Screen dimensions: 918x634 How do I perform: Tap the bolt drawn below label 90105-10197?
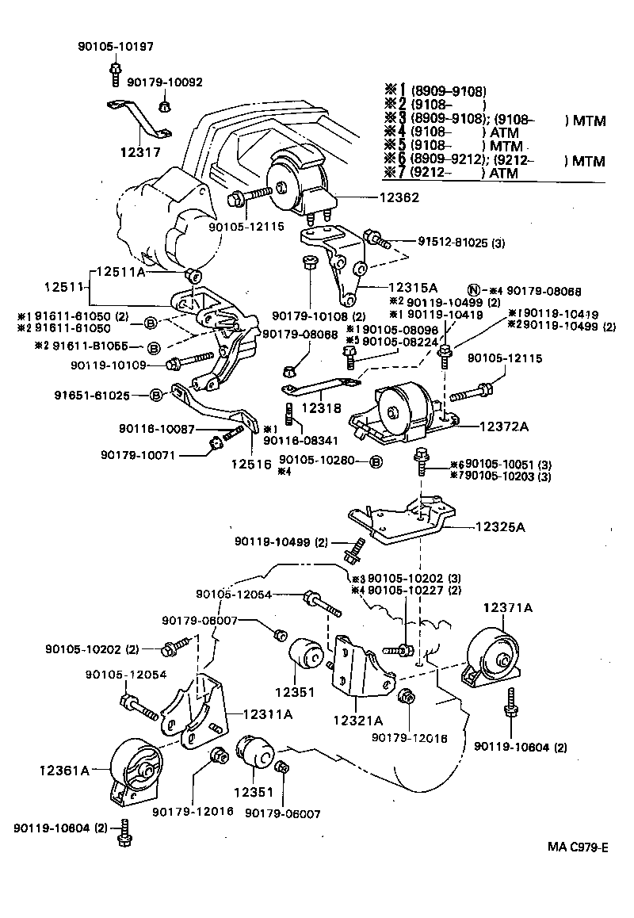(116, 75)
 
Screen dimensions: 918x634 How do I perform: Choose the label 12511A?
(121, 271)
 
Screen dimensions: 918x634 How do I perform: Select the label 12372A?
(504, 426)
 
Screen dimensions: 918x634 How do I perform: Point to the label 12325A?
(502, 526)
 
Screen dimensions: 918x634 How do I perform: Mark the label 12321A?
(358, 721)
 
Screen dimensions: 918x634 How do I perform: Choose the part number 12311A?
(267, 713)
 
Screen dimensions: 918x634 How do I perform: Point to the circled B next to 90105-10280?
(376, 461)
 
